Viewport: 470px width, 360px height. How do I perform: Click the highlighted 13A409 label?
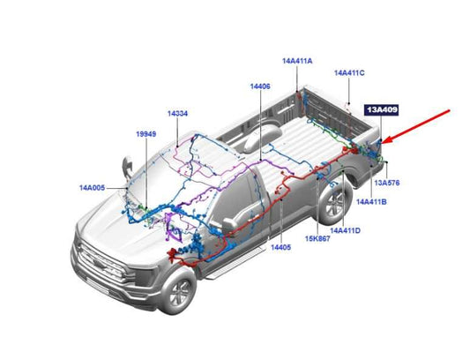pyautogui.click(x=381, y=109)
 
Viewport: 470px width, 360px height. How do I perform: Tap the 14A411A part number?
pyautogui.click(x=297, y=61)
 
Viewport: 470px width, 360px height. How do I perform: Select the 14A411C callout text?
pyautogui.click(x=349, y=73)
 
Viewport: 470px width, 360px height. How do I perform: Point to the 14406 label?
pyautogui.click(x=260, y=86)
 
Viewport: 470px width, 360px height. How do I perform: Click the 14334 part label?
pyautogui.click(x=177, y=114)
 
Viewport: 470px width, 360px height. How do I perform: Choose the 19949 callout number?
pyautogui.click(x=146, y=134)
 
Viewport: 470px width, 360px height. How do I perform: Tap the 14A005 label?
pyautogui.click(x=92, y=188)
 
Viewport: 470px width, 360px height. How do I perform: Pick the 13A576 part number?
pyautogui.click(x=387, y=183)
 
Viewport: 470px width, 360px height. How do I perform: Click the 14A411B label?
pyautogui.click(x=371, y=202)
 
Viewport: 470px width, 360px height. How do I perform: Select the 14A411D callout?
pyautogui.click(x=345, y=230)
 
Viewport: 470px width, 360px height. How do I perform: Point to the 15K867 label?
pyautogui.click(x=317, y=239)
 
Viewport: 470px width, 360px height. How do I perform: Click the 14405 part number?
pyautogui.click(x=281, y=247)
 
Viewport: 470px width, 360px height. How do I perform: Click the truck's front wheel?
pyautogui.click(x=179, y=292)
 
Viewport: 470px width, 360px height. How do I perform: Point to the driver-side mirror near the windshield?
pyautogui.click(x=128, y=168)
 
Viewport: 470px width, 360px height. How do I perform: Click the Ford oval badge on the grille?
pyautogui.click(x=98, y=264)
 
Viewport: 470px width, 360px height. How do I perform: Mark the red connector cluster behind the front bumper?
pyautogui.click(x=173, y=255)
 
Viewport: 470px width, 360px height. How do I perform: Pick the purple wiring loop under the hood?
pyautogui.click(x=173, y=228)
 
